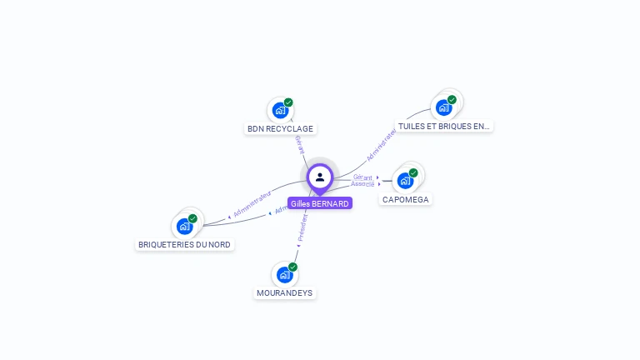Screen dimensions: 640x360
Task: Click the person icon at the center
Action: [x=320, y=177]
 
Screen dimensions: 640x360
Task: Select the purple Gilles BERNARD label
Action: [x=320, y=203]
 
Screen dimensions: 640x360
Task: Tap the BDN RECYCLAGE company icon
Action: [x=280, y=110]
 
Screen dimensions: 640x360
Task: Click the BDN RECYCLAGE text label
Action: [x=280, y=129]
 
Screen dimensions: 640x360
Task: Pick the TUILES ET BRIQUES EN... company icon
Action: [x=444, y=107]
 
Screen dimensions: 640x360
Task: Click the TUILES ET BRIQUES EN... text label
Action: [x=444, y=127]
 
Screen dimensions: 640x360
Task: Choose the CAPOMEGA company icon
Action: [x=406, y=180]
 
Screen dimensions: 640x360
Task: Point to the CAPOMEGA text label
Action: [x=406, y=200]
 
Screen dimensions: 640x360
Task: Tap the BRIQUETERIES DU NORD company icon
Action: [x=185, y=226]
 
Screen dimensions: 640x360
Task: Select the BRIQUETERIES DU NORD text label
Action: [x=185, y=245]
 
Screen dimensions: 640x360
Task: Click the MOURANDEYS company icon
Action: [x=285, y=274]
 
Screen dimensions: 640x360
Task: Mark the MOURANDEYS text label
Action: [x=285, y=293]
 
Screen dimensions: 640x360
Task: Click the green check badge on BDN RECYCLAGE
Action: [x=288, y=102]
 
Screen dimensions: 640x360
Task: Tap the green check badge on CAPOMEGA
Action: [x=413, y=172]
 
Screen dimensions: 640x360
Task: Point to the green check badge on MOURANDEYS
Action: [x=292, y=267]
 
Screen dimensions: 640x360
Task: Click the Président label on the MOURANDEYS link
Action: [x=302, y=227]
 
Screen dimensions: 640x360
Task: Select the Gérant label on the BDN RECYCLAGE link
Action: [x=299, y=143]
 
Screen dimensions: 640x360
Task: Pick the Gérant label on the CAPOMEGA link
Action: [x=362, y=177]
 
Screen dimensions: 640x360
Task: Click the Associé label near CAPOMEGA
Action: [x=362, y=184]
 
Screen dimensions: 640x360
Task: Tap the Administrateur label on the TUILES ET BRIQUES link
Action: [x=381, y=143]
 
